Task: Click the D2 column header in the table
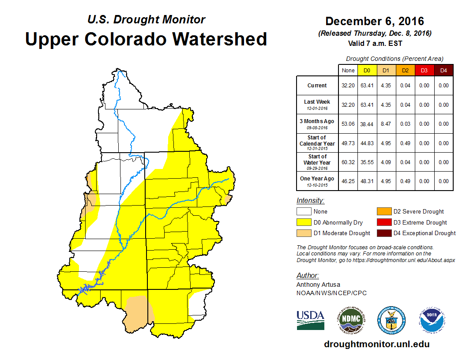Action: [405, 71]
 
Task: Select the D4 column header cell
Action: [443, 71]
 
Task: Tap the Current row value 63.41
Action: [366, 86]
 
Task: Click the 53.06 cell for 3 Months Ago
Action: [348, 124]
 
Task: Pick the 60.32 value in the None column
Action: [348, 162]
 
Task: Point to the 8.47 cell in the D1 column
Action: [385, 124]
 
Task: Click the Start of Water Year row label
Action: [317, 160]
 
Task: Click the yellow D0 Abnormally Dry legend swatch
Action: [304, 222]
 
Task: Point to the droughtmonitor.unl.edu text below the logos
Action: [377, 344]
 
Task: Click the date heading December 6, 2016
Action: [375, 21]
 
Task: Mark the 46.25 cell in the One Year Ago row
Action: [348, 181]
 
